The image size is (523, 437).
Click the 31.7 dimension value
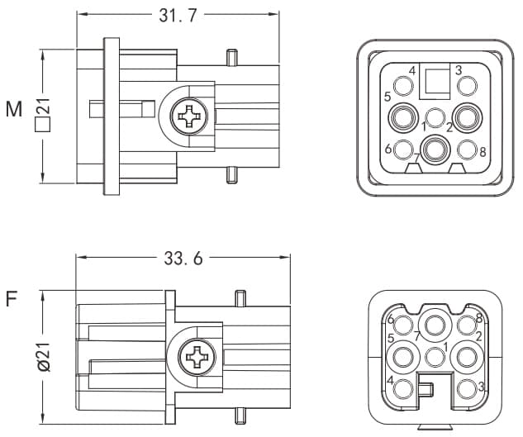pos(177,16)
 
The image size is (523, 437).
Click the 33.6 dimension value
pos(183,259)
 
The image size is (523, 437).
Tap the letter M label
pos(13,108)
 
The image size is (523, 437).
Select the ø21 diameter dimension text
pos(43,355)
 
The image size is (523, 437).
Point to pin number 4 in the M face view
pos(403,85)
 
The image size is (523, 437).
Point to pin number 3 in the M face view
pos(467,85)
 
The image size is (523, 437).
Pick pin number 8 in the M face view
pos(467,150)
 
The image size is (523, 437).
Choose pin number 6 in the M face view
pos(403,150)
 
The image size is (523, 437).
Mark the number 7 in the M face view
pos(416,158)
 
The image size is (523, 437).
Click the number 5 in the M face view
pos(387,97)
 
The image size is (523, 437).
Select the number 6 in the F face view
pos(392,321)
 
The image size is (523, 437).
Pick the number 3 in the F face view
pos(482,387)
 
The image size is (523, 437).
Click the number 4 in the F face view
pos(390,381)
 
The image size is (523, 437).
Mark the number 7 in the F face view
pos(418,336)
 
